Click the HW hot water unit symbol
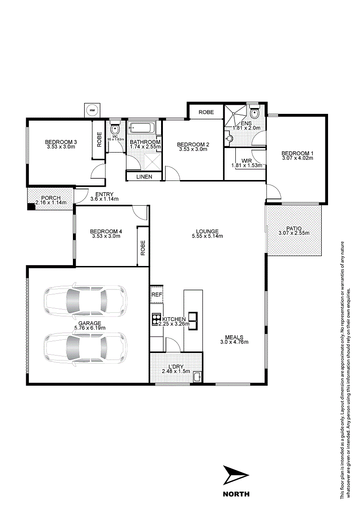tap(93, 110)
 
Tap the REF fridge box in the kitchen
tap(157, 294)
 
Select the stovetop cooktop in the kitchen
tap(157, 319)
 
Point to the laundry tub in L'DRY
tap(197, 377)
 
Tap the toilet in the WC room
tap(115, 129)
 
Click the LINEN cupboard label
tap(144, 176)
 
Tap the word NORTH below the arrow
tap(236, 494)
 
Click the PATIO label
tap(294, 229)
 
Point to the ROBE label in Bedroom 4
tap(143, 248)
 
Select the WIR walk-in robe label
tap(247, 161)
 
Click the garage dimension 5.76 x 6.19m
tap(90, 328)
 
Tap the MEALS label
tap(234, 337)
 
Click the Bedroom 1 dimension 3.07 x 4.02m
tap(297, 158)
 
